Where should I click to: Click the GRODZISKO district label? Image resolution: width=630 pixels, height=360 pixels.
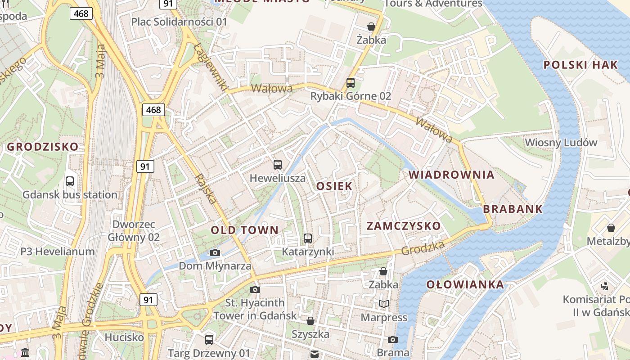pos(42,147)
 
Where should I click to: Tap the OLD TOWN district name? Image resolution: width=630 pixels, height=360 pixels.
pos(245,230)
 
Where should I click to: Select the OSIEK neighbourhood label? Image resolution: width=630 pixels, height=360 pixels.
pos(334,186)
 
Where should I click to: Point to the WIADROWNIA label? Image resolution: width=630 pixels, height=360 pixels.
pos(451,175)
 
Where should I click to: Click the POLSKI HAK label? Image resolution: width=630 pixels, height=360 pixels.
pos(580,65)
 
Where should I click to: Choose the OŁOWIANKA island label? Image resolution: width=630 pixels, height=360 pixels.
pos(465,284)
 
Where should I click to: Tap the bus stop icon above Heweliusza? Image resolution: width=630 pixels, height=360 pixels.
pos(278,165)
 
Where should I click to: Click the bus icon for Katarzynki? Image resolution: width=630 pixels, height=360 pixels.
pos(308,238)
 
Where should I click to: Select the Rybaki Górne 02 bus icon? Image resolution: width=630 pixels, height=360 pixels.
pos(350,83)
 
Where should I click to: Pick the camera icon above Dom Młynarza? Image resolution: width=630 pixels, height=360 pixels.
pos(215,252)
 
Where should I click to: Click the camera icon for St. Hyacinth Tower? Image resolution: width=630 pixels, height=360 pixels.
pos(255,289)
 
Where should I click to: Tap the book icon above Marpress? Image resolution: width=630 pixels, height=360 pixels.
pos(383,304)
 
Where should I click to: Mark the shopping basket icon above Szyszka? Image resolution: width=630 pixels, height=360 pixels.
pos(310,321)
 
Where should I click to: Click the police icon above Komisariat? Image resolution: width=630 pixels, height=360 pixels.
pos(605,285)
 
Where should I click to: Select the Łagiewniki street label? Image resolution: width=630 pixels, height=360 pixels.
pos(211,66)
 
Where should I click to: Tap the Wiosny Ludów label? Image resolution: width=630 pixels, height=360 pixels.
pos(561,143)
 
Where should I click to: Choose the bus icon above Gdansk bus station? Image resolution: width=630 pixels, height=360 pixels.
pos(70,181)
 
